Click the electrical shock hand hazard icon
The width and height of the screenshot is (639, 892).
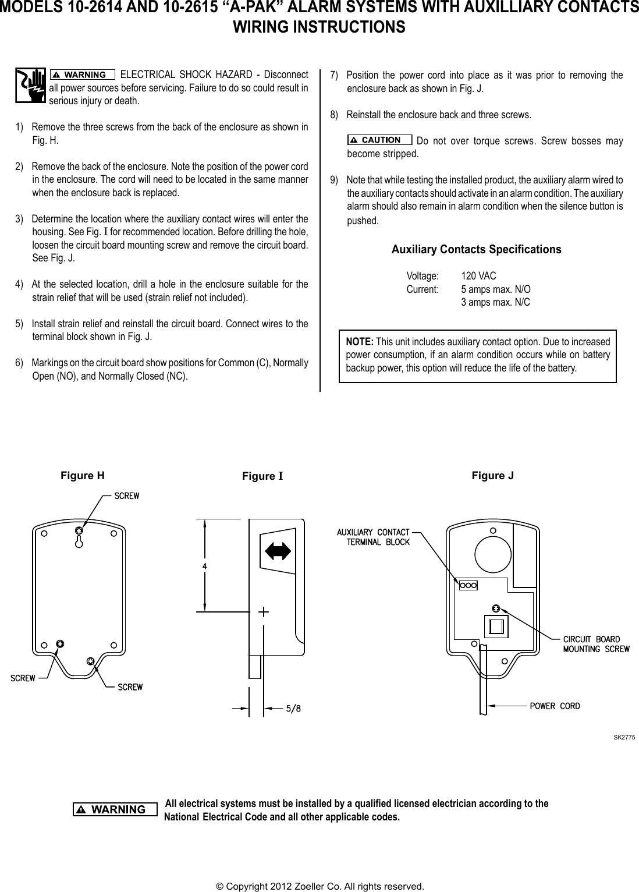pos(31,86)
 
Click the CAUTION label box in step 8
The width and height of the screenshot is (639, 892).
pos(379,140)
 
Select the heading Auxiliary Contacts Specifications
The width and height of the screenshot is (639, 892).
pos(476,250)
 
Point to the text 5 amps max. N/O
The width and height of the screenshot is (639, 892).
pos(495,289)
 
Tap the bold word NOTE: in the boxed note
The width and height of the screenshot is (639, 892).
pos(360,342)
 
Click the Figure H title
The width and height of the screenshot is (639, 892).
pos(83,475)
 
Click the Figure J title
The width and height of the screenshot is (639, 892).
pos(492,476)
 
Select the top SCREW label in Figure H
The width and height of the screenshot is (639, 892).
pos(126,496)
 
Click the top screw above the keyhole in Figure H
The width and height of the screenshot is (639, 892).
pos(79,531)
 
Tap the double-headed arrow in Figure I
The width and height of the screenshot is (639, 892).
pos(278,550)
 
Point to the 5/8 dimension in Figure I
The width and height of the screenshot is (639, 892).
pos(293,709)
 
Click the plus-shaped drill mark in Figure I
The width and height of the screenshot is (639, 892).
pos(263,612)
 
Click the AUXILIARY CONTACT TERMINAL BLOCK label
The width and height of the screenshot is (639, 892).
pos(373,537)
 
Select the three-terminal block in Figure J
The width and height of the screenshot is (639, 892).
pos(468,585)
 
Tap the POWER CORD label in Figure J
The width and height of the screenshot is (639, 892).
pos(554,706)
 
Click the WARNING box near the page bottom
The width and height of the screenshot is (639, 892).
pos(115,809)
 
